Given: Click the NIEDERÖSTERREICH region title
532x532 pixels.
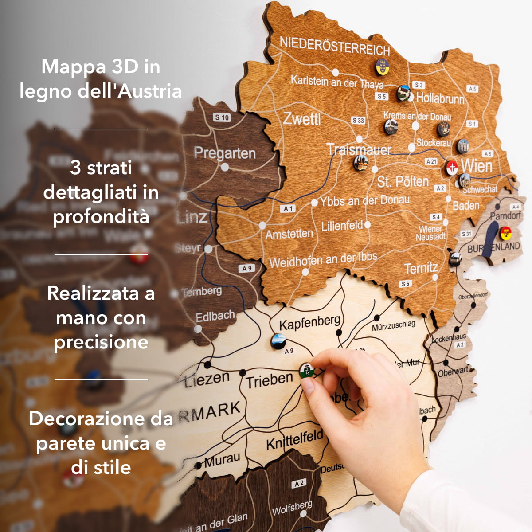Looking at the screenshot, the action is coord(334,46).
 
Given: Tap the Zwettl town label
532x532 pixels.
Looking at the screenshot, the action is coord(301,119).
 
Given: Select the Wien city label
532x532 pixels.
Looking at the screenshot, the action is coord(477,166).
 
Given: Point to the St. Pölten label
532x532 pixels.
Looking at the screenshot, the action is coord(403,181).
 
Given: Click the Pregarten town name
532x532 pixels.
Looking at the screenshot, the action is coord(224,153).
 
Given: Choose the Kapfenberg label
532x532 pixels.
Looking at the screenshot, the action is coord(309,322).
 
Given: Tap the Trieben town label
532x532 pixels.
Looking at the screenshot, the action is coord(269,380).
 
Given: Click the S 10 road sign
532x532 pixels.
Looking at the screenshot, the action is coord(222,117).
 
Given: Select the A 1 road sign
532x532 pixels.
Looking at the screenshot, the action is coord(288,208).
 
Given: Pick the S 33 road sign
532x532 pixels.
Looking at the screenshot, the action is coord(358,120).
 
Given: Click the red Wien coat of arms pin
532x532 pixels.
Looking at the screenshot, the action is coord(452,168).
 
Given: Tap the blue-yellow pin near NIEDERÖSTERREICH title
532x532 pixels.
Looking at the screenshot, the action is coord(382,67).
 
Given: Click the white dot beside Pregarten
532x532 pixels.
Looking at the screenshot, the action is coord(225,167).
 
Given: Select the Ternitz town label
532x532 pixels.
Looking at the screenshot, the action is coord(421,268).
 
